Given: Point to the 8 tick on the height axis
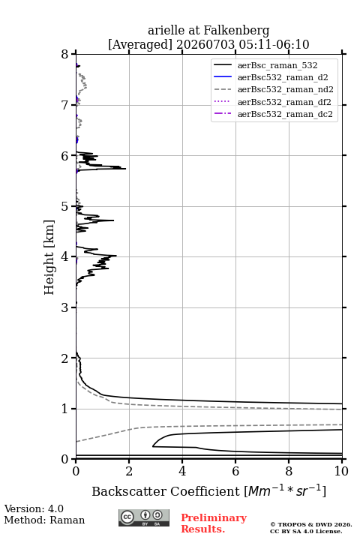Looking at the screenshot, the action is (x=73, y=54).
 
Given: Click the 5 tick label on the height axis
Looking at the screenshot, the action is (x=64, y=207).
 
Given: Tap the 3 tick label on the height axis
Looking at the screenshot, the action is (x=64, y=307).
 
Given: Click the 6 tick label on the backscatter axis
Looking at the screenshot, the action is (x=235, y=471).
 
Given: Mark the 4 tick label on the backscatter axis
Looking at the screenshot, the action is (x=182, y=471).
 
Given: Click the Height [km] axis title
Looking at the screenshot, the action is (x=49, y=257).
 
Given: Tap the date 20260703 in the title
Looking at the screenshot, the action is (x=205, y=44).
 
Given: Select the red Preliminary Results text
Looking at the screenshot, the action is (x=214, y=523).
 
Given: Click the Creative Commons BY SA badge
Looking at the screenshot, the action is (x=144, y=518).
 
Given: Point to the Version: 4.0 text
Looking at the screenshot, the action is (x=34, y=508).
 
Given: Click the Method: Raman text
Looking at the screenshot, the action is (x=44, y=520).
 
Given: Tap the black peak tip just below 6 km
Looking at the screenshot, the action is (x=126, y=169).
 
